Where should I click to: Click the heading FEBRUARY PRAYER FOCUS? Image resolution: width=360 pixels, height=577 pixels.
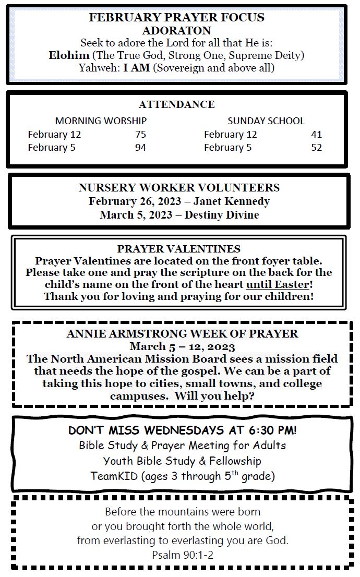tap(176, 17)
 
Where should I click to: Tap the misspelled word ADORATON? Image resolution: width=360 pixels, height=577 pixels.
tap(176, 30)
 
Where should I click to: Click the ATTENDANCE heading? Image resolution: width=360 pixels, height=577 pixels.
tap(176, 104)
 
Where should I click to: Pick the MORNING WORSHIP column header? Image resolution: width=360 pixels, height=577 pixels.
tap(101, 121)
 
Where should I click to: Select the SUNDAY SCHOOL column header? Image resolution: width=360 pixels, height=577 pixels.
tap(266, 121)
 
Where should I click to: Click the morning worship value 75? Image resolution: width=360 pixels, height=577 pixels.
tap(140, 135)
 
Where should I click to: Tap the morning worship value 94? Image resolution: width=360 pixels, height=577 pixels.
tap(140, 148)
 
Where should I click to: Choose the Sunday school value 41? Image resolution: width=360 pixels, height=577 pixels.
tap(316, 135)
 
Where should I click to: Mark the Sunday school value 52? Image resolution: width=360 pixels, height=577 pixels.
tap(316, 148)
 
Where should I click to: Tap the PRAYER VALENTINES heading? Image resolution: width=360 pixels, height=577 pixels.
tap(179, 249)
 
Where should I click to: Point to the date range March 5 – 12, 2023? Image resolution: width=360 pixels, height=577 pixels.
tap(182, 347)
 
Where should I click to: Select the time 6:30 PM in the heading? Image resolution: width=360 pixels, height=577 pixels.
tap(272, 431)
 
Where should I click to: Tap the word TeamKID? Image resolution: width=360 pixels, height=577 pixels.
tap(109, 476)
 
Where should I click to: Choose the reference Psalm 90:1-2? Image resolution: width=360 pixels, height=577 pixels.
tap(182, 555)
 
